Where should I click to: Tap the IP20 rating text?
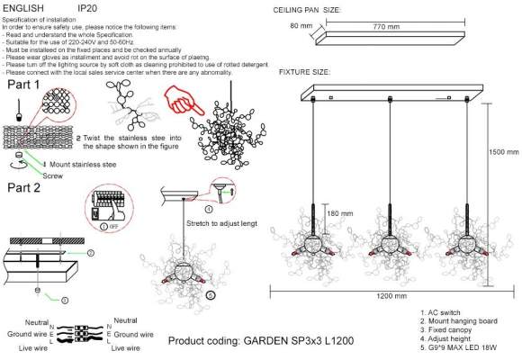point(88,7)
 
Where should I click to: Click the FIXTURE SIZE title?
point(304,71)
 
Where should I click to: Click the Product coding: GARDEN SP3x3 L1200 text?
point(260,342)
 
